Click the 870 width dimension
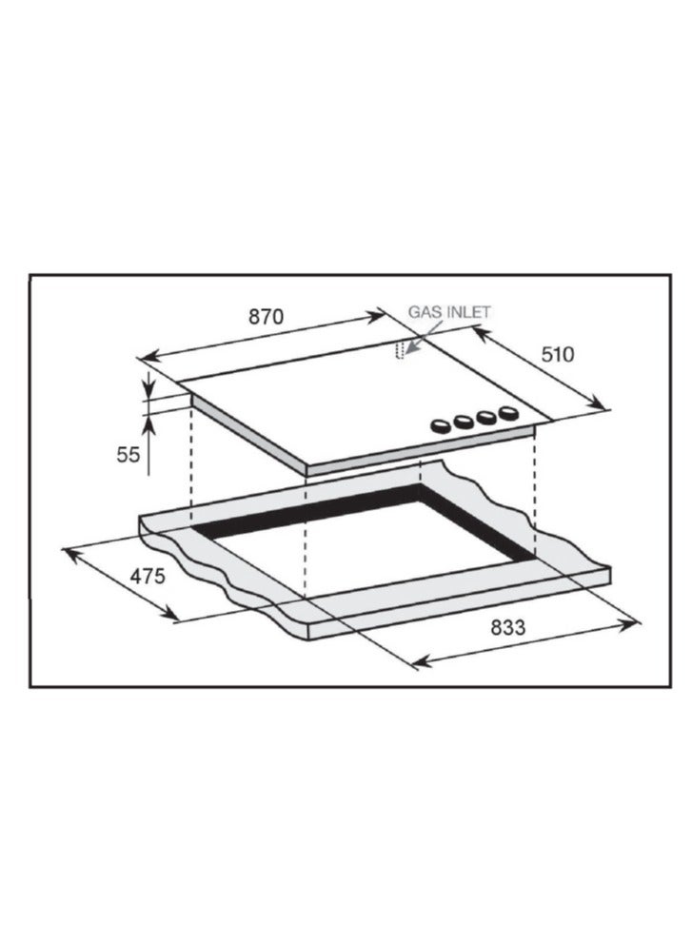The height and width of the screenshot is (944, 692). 266,317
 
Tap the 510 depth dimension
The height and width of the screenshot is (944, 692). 557,355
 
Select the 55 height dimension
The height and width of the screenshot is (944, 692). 128,455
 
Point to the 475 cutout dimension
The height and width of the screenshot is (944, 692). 148,577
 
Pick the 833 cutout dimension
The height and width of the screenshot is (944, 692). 507,627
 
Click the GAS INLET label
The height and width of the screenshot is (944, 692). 450,312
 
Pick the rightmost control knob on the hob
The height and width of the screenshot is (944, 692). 509,413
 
